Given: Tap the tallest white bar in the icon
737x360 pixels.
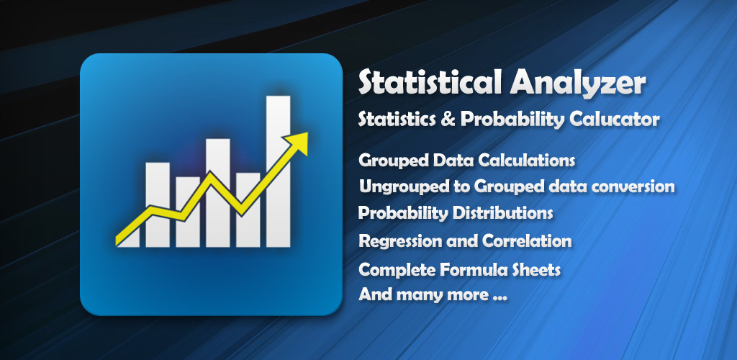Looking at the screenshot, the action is click(279, 171).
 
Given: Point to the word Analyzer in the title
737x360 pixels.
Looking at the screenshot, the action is click(577, 84).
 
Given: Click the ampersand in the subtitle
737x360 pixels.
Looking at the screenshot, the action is click(448, 120).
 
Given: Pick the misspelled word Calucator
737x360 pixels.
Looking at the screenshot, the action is click(615, 120).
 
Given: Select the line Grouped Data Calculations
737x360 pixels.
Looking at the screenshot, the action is click(466, 161).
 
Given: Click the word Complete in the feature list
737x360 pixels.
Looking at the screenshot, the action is click(397, 270).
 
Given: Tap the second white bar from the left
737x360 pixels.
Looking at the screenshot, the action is click(158, 205).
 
